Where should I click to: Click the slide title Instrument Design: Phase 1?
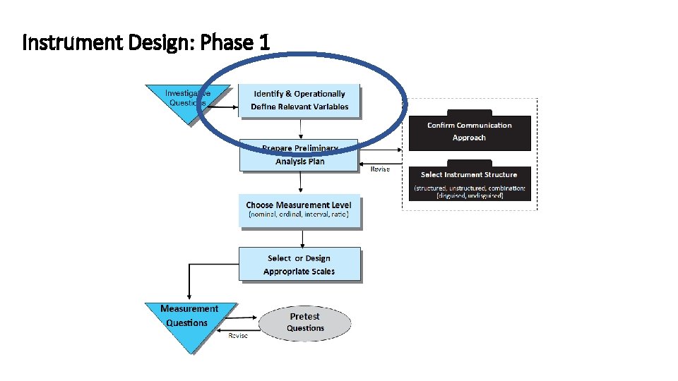(146, 43)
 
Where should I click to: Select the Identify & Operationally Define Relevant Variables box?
(299, 100)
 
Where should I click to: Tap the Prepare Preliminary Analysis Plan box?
(299, 155)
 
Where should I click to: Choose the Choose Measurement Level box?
(299, 210)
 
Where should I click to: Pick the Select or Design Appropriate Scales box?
(299, 265)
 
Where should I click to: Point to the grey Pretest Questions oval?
(305, 322)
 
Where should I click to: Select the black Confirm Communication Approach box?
(470, 131)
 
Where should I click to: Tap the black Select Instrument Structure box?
(470, 183)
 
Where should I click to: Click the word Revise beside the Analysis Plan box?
(380, 169)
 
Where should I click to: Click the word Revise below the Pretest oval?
(238, 336)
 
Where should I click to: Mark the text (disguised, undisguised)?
(470, 195)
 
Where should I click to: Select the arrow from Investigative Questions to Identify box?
(225, 107)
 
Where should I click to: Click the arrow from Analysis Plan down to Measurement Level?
(301, 182)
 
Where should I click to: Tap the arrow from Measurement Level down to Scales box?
(301, 238)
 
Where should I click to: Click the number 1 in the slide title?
(264, 43)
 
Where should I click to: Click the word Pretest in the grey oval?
(305, 317)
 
